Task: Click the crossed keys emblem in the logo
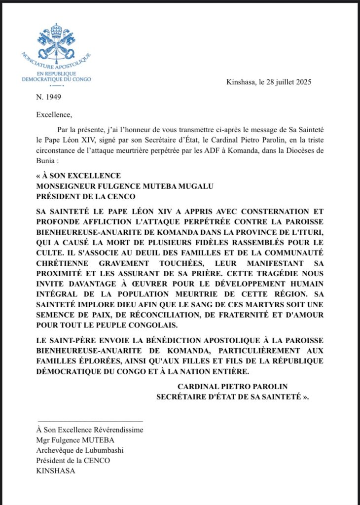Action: coord(57,42)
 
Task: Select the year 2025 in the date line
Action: coord(302,82)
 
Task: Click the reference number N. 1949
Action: coord(49,97)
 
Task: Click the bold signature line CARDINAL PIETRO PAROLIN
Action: coord(232,386)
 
